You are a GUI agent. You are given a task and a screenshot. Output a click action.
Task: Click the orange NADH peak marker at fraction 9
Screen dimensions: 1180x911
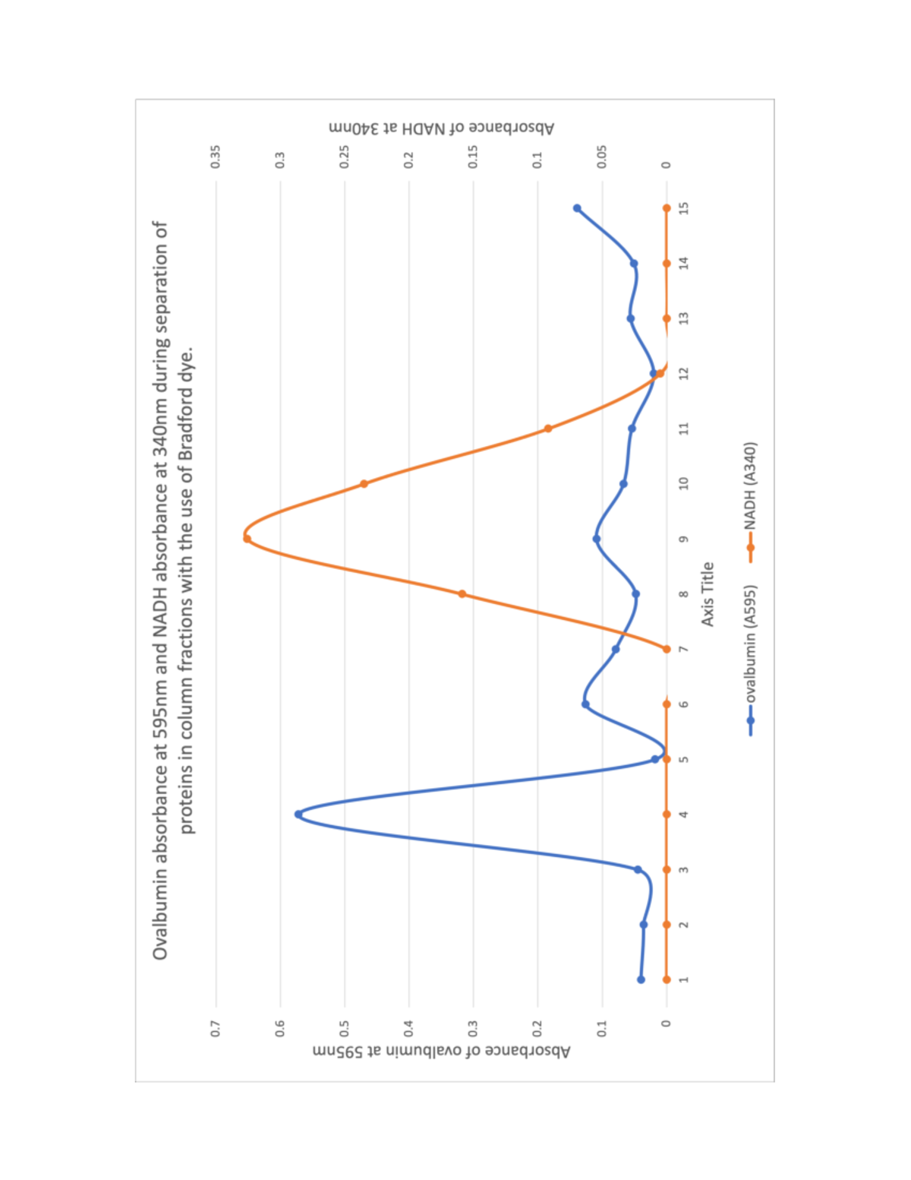(x=247, y=539)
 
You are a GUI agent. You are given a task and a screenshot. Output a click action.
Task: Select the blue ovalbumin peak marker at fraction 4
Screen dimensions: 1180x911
(x=298, y=815)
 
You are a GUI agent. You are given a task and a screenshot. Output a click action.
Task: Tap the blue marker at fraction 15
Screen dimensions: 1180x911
(x=577, y=208)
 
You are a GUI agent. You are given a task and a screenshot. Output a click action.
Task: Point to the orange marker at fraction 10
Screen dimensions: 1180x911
(x=364, y=484)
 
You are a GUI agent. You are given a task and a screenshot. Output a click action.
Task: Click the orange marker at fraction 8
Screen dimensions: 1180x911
(x=462, y=594)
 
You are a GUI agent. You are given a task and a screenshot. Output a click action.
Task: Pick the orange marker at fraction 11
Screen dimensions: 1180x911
(x=548, y=429)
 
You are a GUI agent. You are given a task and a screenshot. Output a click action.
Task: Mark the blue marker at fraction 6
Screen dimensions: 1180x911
(x=585, y=704)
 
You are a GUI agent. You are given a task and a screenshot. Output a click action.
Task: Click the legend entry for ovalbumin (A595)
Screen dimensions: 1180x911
(x=751, y=653)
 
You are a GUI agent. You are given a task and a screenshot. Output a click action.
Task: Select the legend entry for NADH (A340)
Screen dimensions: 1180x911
(x=751, y=494)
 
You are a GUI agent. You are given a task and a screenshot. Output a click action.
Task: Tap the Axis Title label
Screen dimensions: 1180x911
(x=708, y=594)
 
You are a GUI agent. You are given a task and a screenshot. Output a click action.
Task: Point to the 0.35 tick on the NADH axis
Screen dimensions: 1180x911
(x=216, y=157)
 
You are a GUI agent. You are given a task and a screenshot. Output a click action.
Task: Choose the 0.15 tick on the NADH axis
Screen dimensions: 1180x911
(x=473, y=157)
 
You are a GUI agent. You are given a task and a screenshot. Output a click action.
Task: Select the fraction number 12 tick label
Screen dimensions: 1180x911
(x=684, y=374)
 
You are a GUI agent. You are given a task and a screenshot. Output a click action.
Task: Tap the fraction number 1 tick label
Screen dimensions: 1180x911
(x=684, y=980)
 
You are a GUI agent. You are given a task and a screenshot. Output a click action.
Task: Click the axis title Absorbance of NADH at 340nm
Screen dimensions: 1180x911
(x=442, y=128)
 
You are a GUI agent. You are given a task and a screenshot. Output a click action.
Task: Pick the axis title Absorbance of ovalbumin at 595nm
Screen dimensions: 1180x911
(x=442, y=1052)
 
